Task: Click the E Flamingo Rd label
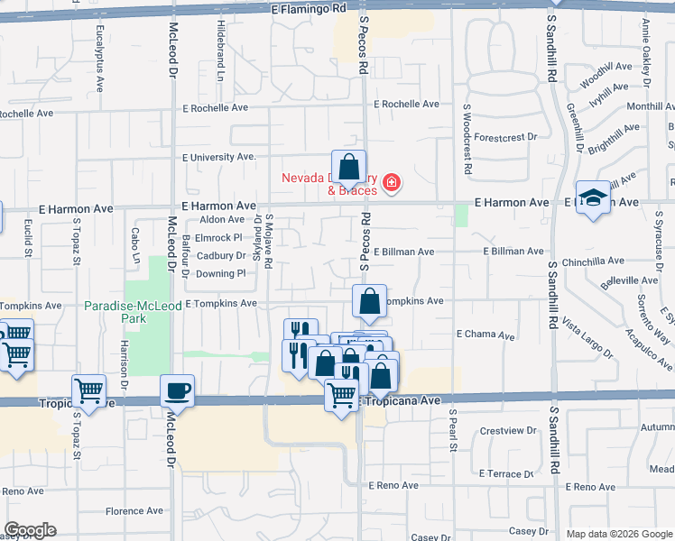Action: pyautogui.click(x=309, y=8)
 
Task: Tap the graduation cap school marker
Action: pyautogui.click(x=593, y=198)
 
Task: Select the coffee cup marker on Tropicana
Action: pyautogui.click(x=177, y=391)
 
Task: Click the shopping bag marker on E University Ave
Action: pyautogui.click(x=348, y=167)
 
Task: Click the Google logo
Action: pyautogui.click(x=30, y=530)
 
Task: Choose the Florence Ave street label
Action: pyautogui.click(x=134, y=510)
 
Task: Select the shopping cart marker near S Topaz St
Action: pyautogui.click(x=88, y=390)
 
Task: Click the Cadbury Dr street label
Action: pyautogui.click(x=221, y=255)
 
